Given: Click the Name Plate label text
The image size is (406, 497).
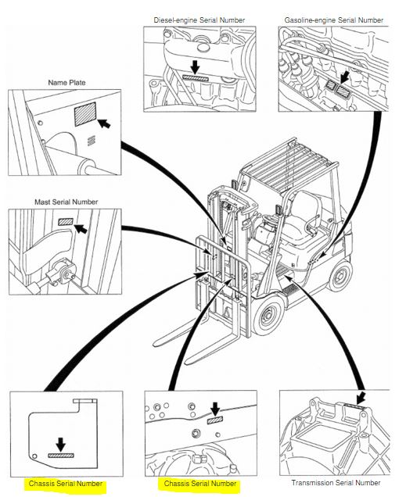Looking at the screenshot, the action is (x=66, y=83).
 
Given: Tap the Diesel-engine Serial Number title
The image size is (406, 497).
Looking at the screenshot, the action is (x=199, y=20).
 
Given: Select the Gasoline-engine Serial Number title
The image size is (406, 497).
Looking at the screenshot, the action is (x=334, y=20).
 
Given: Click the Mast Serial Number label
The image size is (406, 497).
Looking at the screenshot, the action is (x=66, y=202).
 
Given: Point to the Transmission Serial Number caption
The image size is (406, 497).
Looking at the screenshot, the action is (x=336, y=483).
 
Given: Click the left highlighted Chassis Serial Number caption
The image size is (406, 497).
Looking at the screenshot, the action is (x=66, y=484).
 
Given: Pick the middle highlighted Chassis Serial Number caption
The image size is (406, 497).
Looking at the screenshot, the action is (x=200, y=484).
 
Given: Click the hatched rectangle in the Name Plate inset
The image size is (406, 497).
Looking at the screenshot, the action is (x=85, y=114).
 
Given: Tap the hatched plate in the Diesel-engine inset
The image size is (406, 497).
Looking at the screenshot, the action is (x=196, y=78).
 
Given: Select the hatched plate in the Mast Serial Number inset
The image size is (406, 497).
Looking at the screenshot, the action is (x=66, y=222).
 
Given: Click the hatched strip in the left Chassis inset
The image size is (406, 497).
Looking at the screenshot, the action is (x=61, y=456).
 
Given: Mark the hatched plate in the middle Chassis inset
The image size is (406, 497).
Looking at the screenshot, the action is (x=215, y=420).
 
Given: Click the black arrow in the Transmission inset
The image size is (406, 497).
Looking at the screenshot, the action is (x=361, y=398).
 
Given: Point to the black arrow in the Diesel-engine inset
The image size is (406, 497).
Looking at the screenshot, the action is (x=196, y=67).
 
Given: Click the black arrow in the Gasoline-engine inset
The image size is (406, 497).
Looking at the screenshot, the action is (x=344, y=77).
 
